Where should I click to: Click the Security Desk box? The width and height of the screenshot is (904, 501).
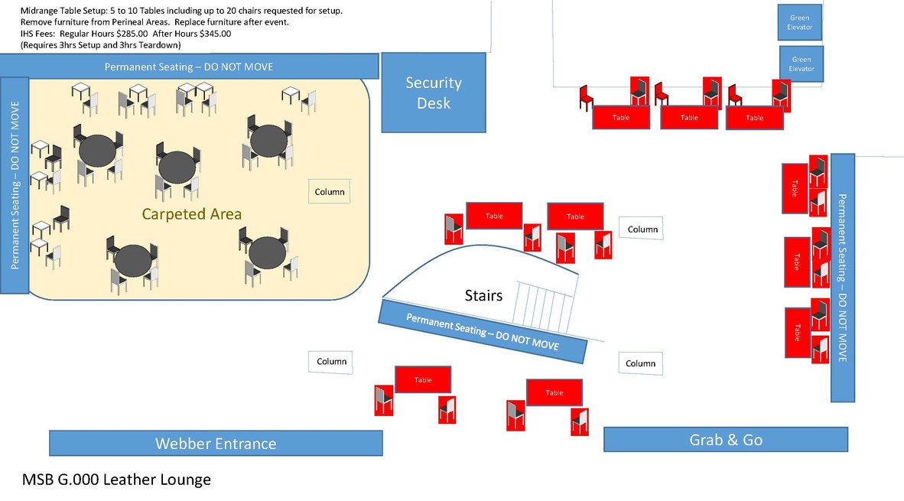pos(434,93)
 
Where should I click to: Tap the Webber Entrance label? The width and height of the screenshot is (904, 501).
pos(216,444)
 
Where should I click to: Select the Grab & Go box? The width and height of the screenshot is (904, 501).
pos(725,440)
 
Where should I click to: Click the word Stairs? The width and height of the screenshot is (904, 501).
pos(483,295)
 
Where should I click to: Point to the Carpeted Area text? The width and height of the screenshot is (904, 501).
pos(192,214)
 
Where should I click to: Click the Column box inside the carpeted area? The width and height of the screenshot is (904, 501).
pos(330,192)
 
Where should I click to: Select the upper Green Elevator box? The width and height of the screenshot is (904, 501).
pos(799,23)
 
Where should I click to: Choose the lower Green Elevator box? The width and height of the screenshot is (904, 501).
pos(802,64)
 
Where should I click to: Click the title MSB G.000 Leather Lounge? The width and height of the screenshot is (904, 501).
pos(116,480)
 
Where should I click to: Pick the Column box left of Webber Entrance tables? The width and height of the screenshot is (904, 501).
pos(331,362)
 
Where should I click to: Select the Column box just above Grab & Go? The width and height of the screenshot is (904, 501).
pos(640,364)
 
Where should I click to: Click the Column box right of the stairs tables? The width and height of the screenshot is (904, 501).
pos(642,229)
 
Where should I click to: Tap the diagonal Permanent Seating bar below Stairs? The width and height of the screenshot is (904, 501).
pos(483,331)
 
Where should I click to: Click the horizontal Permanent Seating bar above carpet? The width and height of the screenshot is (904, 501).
pos(189,67)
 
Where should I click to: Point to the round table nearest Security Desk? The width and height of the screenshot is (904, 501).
pos(269,140)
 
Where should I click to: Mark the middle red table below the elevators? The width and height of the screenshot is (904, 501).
pos(689,118)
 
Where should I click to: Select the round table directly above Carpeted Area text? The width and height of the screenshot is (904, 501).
pos(177,166)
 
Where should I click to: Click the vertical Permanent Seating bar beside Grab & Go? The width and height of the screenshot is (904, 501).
pos(842,278)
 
